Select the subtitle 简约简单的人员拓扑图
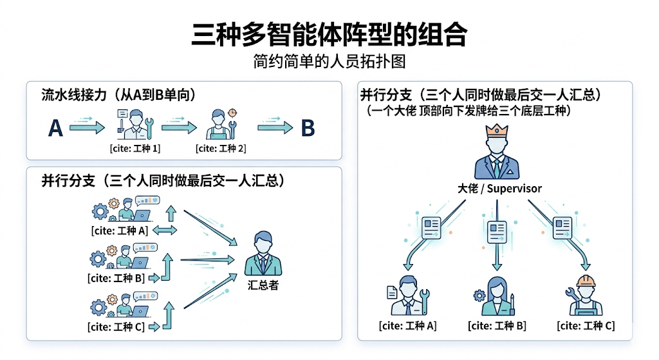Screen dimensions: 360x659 click(329, 62)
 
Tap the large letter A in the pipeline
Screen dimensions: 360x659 click(56, 129)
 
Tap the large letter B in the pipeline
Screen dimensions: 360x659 click(308, 129)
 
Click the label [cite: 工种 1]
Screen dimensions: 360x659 click(135, 149)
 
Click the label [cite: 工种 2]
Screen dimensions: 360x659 click(221, 149)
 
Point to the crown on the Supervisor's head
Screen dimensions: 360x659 click(496, 131)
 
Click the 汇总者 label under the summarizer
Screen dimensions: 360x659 click(263, 285)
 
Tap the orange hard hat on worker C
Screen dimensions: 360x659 click(586, 281)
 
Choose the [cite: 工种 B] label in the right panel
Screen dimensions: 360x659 click(497, 326)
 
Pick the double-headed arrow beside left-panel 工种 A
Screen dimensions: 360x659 click(165, 230)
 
